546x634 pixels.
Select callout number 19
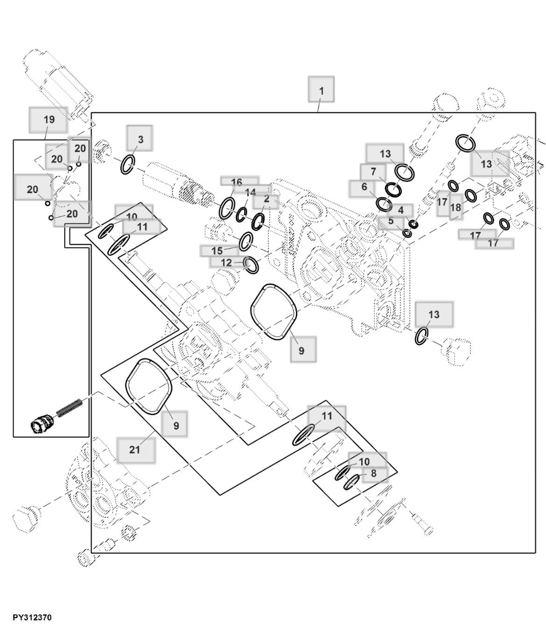tap(49, 119)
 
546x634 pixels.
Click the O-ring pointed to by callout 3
tap(128, 165)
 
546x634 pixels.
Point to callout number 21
tap(135, 450)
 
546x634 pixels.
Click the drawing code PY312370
tap(32, 618)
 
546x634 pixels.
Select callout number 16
tap(237, 182)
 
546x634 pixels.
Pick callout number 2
tap(266, 199)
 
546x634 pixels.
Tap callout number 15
tap(217, 251)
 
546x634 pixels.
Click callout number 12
tap(226, 263)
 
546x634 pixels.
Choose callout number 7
tap(373, 172)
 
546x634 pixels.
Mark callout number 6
tap(364, 187)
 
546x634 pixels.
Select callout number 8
tap(374, 474)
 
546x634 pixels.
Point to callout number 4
tap(400, 210)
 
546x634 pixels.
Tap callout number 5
tap(391, 221)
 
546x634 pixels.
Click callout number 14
tap(250, 193)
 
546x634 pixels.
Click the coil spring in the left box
tap(70, 407)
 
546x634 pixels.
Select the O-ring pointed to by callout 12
tap(251, 265)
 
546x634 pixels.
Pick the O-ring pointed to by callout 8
tap(351, 482)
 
